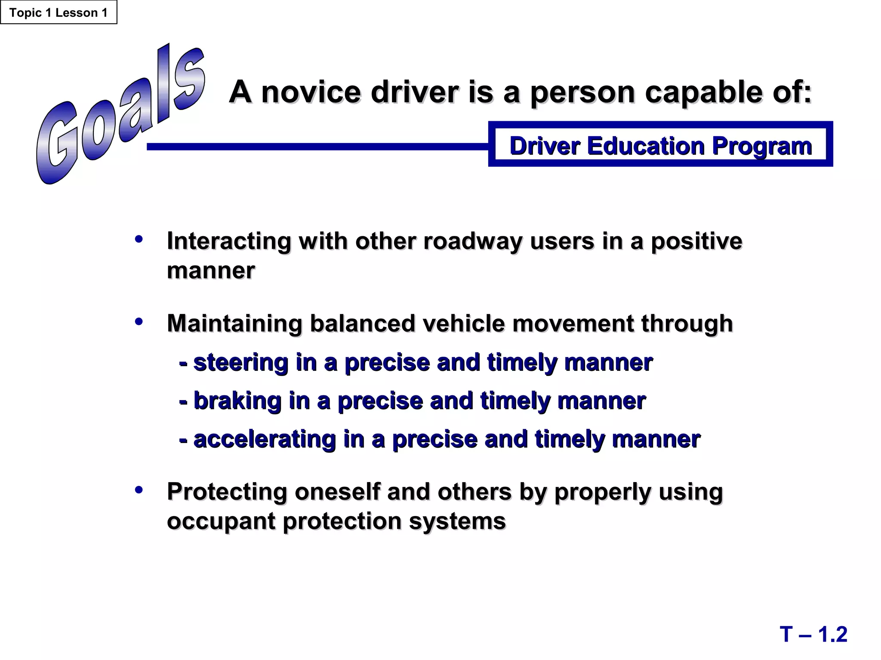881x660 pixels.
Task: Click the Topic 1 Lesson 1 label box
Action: [x=59, y=12]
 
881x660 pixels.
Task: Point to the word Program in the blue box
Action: [x=762, y=147]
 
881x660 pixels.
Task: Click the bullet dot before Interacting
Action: [x=139, y=239]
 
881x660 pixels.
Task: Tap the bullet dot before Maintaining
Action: [x=139, y=321]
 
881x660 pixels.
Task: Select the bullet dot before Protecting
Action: [x=139, y=490]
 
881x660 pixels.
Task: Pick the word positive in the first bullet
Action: [x=696, y=241]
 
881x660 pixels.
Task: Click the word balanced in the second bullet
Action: [x=362, y=323]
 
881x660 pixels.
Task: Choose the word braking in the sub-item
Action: [x=237, y=401]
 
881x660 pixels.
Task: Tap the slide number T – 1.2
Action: [x=813, y=634]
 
